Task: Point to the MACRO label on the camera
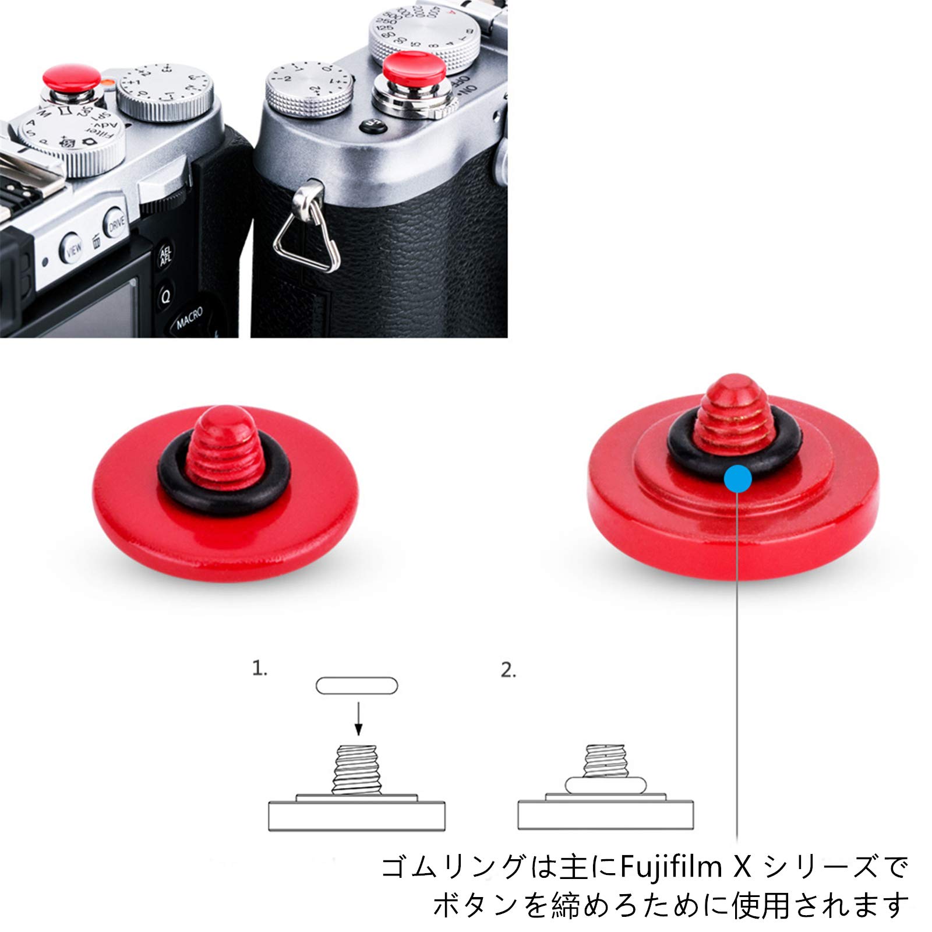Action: (189, 317)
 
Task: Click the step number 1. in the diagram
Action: (260, 668)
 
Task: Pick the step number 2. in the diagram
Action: (509, 670)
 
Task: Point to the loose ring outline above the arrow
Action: (356, 686)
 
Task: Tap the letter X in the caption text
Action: (742, 866)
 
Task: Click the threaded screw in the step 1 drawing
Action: (356, 769)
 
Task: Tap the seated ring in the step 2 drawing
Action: (605, 785)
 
